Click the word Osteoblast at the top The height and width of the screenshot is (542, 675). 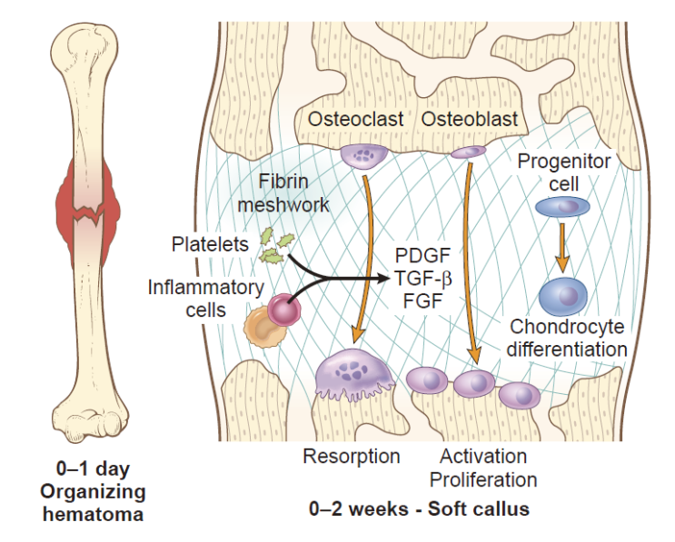[x=470, y=119]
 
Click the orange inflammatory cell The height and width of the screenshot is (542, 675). [x=263, y=325]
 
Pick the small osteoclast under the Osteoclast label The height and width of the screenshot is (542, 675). [x=362, y=153]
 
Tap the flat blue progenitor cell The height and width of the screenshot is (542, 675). [x=561, y=208]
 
